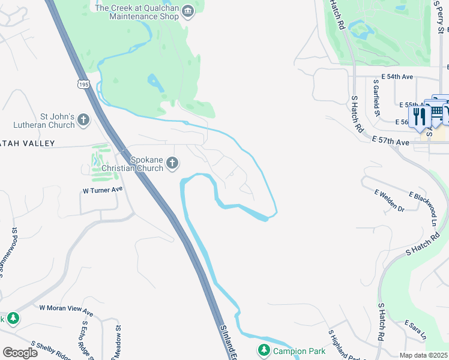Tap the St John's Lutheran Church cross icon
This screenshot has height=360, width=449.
pos(83,121)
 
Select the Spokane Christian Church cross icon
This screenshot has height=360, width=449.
pos(172,163)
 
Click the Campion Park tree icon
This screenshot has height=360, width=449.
pos(263,350)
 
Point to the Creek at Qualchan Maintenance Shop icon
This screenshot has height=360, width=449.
pos(188,12)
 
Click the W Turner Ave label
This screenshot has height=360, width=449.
pos(102,190)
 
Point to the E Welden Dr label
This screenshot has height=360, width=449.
pos(390,200)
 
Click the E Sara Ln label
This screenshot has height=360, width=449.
pos(415,329)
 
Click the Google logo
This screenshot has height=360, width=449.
pos(20,353)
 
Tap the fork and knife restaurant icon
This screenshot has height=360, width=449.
pos(419,116)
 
